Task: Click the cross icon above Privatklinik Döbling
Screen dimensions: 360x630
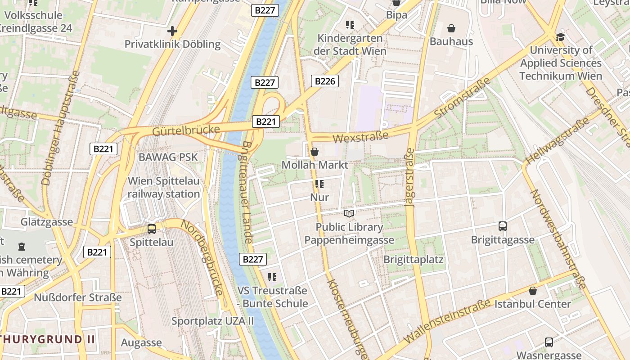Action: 172,31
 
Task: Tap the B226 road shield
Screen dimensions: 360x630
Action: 324,81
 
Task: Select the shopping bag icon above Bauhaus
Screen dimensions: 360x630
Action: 451,29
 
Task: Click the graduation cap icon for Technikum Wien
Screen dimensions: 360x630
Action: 560,37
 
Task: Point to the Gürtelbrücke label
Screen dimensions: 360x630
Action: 186,131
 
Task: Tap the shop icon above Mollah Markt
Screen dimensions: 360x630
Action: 315,152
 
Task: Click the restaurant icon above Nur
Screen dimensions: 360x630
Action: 319,184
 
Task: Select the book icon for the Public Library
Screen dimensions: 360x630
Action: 349,213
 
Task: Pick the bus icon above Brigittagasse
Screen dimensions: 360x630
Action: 503,226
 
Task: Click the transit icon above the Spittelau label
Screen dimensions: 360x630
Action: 152,229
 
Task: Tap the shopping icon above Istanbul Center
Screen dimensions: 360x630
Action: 533,291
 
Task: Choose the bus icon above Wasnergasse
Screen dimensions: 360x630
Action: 549,342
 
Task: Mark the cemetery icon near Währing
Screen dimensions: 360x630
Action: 22,247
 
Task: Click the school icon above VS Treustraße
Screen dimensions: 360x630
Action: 272,277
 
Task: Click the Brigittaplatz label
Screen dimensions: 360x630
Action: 413,260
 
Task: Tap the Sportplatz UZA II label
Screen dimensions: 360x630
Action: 213,321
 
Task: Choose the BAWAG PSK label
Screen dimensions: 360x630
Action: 168,157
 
